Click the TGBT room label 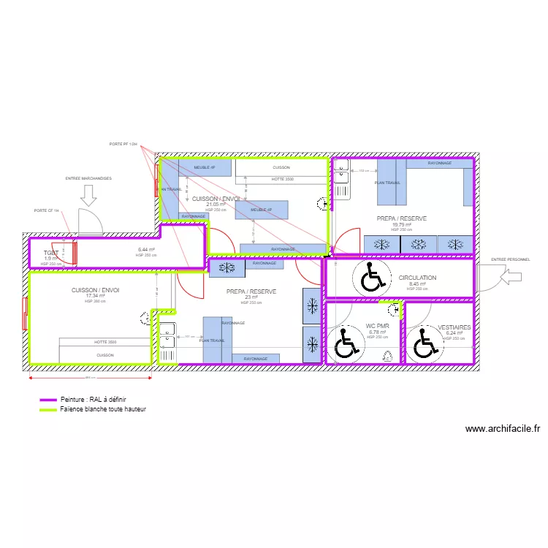[50, 253]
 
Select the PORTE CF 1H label [47, 210]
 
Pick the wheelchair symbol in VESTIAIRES [423, 343]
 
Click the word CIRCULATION [417, 278]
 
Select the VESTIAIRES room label [454, 327]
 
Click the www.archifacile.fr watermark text [502, 430]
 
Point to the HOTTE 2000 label [105, 342]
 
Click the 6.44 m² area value [147, 250]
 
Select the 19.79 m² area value [403, 225]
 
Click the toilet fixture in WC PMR [389, 357]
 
